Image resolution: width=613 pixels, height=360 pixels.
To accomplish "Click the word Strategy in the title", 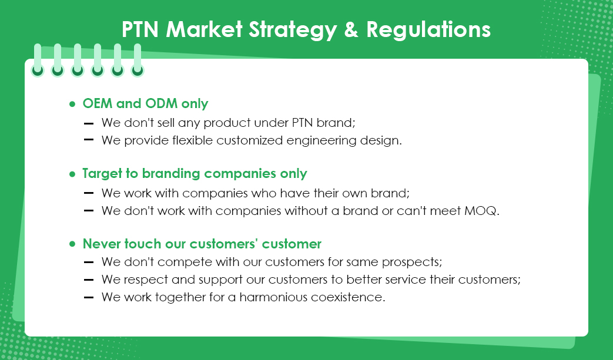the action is (293, 30).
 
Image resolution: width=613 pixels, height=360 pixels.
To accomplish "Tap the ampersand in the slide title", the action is (351, 29).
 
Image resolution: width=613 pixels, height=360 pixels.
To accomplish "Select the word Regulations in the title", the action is (428, 29).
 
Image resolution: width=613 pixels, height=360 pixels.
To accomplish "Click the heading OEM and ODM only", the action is (145, 103).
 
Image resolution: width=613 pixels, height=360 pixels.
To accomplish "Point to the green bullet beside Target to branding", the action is (72, 174).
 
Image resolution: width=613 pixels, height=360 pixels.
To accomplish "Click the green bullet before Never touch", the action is (72, 244).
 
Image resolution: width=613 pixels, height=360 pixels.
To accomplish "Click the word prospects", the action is (411, 263).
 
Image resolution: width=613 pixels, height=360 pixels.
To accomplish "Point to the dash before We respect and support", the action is (89, 280).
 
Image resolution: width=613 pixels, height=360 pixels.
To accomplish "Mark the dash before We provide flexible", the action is (89, 139).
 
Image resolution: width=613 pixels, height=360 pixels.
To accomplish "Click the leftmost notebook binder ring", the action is (38, 60).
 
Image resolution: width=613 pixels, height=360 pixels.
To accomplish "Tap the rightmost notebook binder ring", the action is (137, 60).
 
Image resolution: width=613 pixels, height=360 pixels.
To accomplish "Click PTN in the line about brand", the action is (302, 123).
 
